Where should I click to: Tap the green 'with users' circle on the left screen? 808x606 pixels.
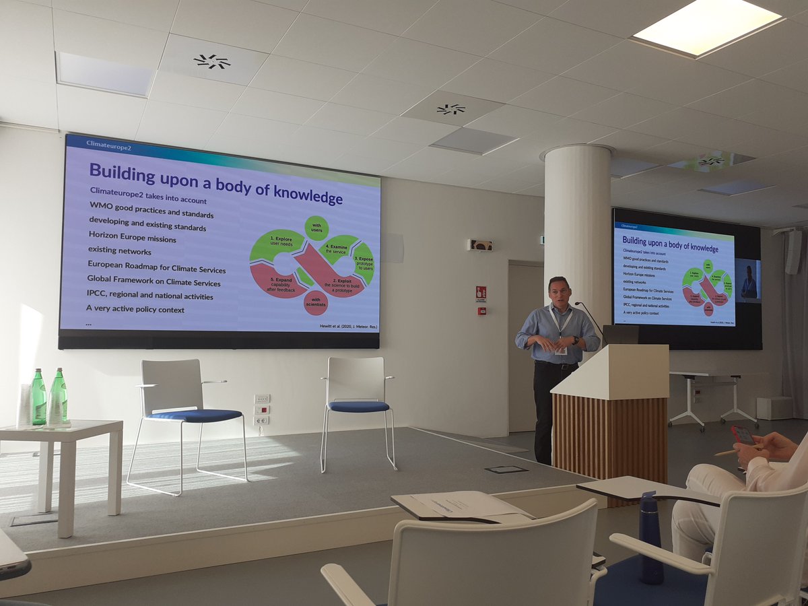pyautogui.click(x=316, y=228)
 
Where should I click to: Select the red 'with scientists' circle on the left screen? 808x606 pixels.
pyautogui.click(x=315, y=302)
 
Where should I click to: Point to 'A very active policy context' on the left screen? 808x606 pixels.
pyautogui.click(x=135, y=309)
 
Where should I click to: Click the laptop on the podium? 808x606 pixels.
pyautogui.click(x=619, y=335)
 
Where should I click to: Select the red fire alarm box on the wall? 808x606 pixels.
pyautogui.click(x=481, y=293)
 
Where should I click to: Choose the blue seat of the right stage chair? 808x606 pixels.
pyautogui.click(x=359, y=407)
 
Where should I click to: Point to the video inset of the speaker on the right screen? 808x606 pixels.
pyautogui.click(x=747, y=280)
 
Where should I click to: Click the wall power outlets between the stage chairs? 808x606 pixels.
pyautogui.click(x=261, y=409)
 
